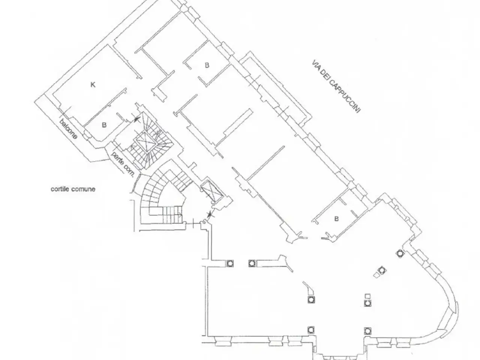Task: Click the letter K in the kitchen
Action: pyautogui.click(x=93, y=85)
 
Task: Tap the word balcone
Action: pyautogui.click(x=69, y=129)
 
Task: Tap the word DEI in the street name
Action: pyautogui.click(x=324, y=74)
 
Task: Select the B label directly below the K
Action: pyautogui.click(x=104, y=125)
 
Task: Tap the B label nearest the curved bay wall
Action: pyautogui.click(x=336, y=219)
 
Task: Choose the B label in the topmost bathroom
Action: pyautogui.click(x=207, y=65)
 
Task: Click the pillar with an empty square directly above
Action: pyautogui.click(x=367, y=303)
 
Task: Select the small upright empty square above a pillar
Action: pyautogui.click(x=367, y=296)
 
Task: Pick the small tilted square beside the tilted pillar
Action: pyautogui.click(x=376, y=275)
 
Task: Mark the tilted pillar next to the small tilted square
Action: pyautogui.click(x=382, y=270)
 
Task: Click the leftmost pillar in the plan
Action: pyautogui.click(x=230, y=263)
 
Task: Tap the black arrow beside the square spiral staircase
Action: pyautogui.click(x=136, y=119)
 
